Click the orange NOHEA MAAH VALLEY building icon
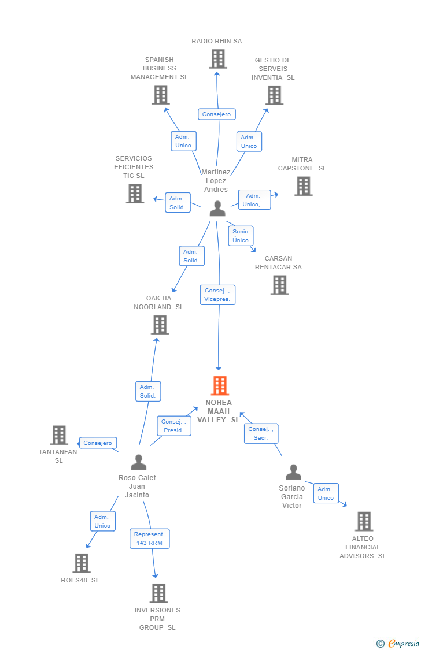(x=219, y=385)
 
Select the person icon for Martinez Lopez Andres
(x=217, y=209)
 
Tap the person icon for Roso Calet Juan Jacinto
(x=138, y=462)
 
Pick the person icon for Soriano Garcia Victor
(x=293, y=473)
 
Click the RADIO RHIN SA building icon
(x=217, y=59)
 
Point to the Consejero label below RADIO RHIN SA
(x=217, y=114)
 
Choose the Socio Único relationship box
(x=241, y=236)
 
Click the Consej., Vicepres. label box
(x=217, y=295)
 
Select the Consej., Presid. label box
(x=173, y=426)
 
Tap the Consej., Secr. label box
(x=261, y=433)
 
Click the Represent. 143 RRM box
(x=149, y=538)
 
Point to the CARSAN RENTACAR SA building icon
(x=279, y=285)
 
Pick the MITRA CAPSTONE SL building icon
(x=303, y=186)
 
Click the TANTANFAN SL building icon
(x=59, y=435)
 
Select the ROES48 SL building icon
(x=82, y=563)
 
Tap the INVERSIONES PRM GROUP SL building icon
(x=158, y=593)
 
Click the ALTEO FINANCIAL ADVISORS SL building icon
(x=364, y=521)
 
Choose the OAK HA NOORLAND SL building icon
(x=160, y=325)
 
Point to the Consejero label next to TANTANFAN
(x=98, y=443)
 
